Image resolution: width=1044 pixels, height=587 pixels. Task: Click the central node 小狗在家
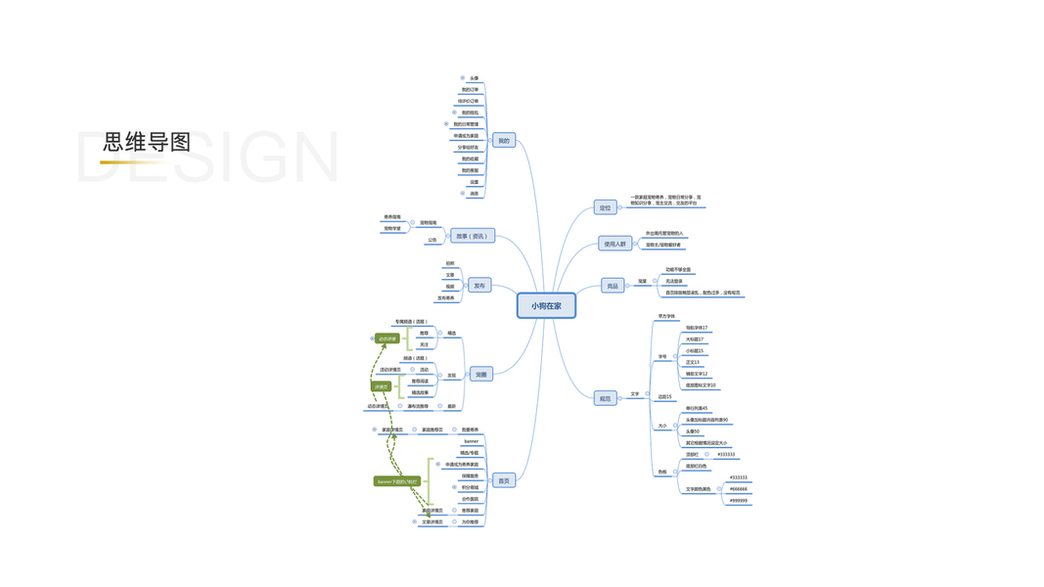click(546, 306)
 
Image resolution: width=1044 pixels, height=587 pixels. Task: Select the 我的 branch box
click(503, 141)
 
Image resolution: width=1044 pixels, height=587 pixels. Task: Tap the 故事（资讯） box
click(472, 236)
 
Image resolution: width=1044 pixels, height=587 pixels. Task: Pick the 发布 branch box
click(479, 286)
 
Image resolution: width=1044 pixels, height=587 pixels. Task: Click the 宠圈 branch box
click(480, 375)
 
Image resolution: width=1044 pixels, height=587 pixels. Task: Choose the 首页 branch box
click(503, 480)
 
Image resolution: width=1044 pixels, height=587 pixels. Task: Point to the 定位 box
click(605, 207)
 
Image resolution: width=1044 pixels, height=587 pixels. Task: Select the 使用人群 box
click(614, 244)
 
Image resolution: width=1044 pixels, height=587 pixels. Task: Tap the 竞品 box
click(613, 286)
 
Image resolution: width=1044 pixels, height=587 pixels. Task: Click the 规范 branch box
click(605, 398)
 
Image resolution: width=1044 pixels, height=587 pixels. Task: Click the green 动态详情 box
click(387, 339)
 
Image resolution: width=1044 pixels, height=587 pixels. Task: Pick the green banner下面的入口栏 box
click(397, 481)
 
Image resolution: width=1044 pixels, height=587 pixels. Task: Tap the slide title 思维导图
click(147, 142)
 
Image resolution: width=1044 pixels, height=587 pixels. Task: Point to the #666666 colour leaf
click(739, 489)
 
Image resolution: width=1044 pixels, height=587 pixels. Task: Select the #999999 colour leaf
click(739, 501)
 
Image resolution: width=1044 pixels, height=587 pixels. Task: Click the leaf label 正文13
click(693, 362)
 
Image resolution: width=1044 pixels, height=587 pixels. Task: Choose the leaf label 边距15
click(665, 397)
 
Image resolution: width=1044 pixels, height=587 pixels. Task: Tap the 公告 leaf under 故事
click(432, 240)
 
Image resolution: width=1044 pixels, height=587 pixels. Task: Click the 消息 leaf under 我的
click(475, 194)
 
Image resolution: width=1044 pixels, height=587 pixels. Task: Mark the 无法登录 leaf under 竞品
click(674, 281)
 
